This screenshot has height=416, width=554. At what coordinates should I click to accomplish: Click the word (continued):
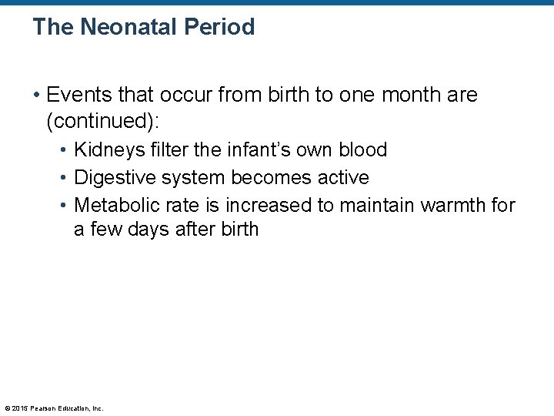105,122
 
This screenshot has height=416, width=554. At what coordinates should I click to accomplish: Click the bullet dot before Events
37,96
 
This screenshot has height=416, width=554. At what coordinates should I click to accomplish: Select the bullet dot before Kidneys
64,150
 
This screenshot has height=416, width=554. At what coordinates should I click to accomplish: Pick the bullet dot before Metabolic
64,206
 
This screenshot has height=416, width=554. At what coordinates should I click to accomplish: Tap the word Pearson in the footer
44,408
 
